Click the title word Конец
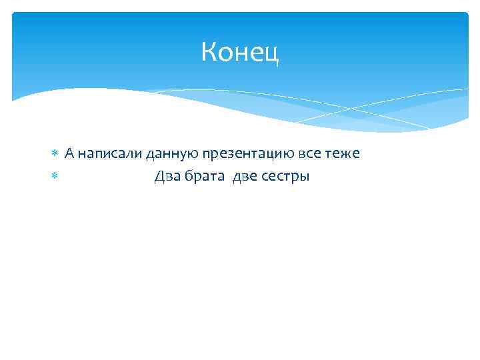240,52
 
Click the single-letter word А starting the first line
69,154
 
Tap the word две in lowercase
245,177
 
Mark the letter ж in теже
347,154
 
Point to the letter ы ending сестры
305,178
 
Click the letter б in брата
190,177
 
